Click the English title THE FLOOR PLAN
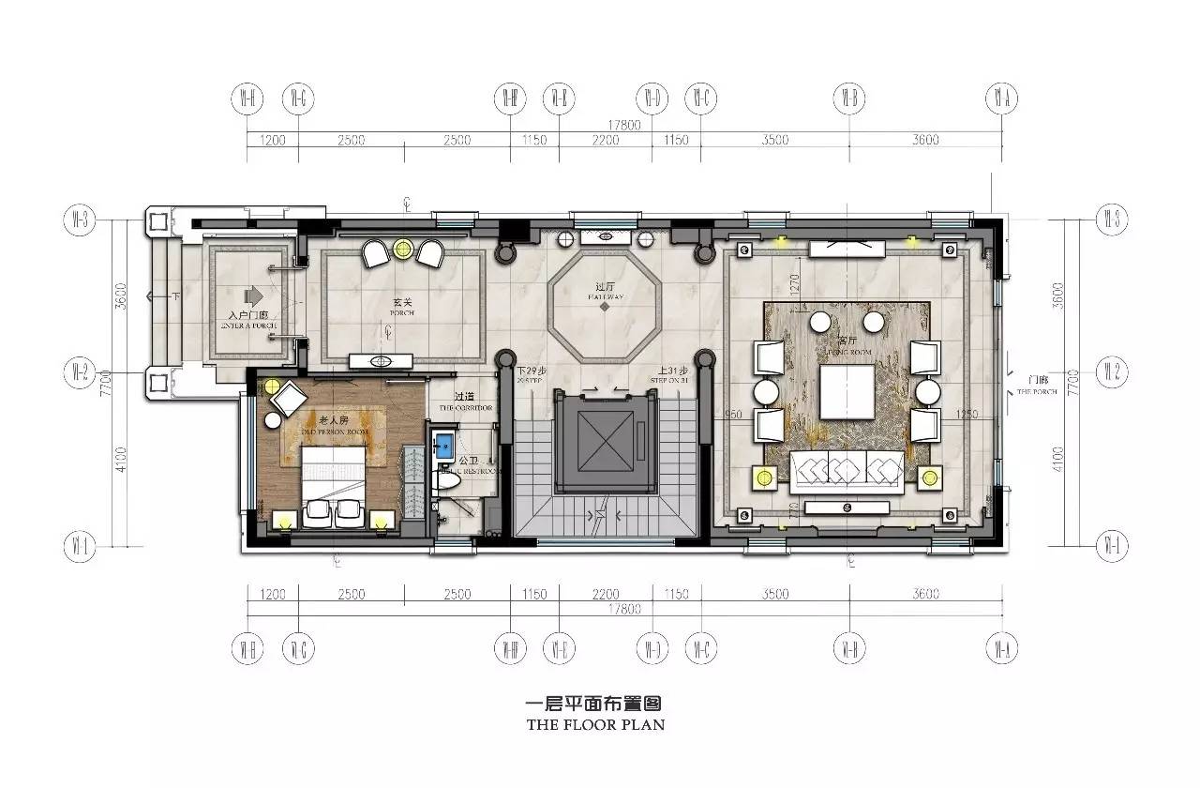(595, 724)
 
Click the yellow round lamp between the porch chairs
(403, 250)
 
